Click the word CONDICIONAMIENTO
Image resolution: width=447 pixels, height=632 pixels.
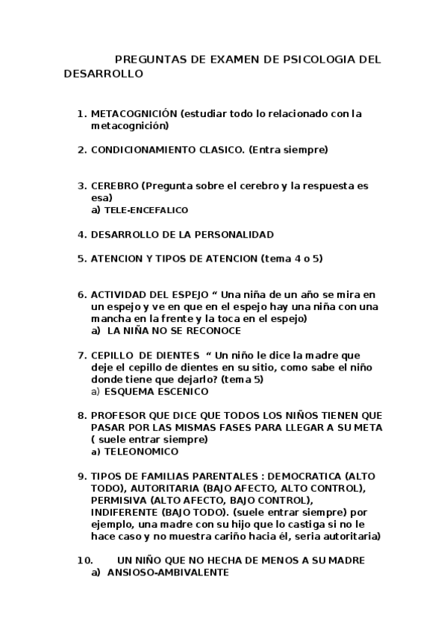(145, 150)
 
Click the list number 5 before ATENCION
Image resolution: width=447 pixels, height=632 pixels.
(81, 258)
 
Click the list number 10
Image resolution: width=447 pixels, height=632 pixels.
(84, 560)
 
